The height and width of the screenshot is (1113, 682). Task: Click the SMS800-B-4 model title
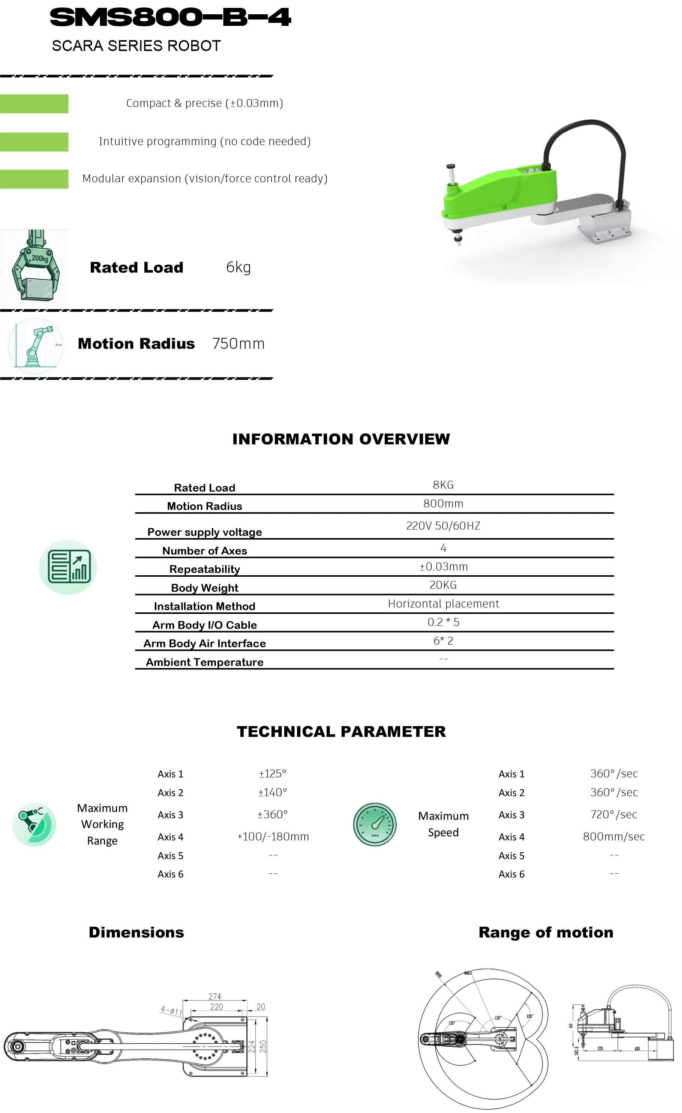(170, 18)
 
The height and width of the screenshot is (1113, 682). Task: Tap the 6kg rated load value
(238, 267)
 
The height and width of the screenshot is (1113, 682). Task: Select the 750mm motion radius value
(238, 344)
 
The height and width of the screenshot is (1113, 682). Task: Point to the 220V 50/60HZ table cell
(443, 526)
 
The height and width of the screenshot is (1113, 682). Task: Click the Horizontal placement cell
(443, 604)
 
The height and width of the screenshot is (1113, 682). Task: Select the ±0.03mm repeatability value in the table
(443, 567)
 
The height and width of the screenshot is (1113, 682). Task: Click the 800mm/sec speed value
(613, 837)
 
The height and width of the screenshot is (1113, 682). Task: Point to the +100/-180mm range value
(273, 837)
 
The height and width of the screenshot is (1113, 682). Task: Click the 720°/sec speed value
(613, 814)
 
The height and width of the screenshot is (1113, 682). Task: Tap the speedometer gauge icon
(375, 824)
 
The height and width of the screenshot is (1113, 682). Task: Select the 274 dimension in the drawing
(214, 996)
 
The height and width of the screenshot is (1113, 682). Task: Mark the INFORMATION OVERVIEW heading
(341, 439)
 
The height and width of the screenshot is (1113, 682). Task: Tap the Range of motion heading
(546, 932)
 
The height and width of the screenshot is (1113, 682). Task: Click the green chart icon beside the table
(68, 567)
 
